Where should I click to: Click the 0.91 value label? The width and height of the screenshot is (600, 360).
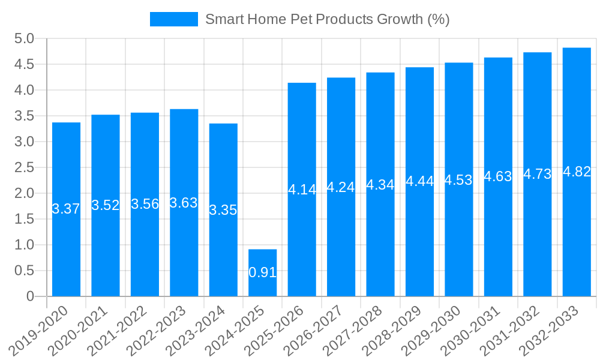[x=262, y=272]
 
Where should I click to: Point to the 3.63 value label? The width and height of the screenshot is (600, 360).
[x=184, y=203]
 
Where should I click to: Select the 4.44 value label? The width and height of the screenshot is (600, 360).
[x=419, y=181]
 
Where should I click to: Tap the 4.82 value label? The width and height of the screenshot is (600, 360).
[x=577, y=172]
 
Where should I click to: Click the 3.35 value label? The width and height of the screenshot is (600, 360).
[x=223, y=210]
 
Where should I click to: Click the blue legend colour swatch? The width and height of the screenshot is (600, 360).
[x=173, y=19]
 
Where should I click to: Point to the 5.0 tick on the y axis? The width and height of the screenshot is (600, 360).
[x=23, y=39]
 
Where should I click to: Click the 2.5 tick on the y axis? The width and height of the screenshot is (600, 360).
[x=23, y=167]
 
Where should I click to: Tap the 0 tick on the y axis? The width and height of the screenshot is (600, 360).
[x=30, y=296]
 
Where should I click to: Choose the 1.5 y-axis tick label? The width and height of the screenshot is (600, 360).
[x=23, y=219]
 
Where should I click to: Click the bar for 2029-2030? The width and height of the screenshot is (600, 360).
[x=459, y=240]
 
